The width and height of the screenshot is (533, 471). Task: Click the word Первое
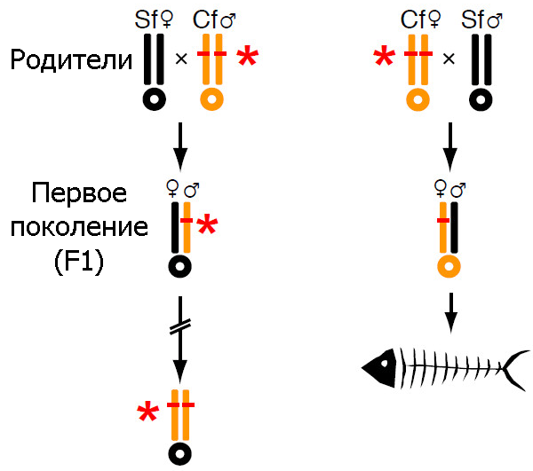[x=78, y=195]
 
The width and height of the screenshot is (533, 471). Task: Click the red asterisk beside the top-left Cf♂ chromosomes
[x=248, y=58]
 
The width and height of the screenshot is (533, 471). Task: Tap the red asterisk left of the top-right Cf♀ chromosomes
[x=385, y=58]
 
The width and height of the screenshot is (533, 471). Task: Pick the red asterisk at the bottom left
[x=148, y=412]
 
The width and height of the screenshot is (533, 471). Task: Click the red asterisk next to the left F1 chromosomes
[x=206, y=224]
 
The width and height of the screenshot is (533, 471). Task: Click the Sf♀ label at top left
[x=156, y=19]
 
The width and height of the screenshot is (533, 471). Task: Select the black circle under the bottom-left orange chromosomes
[x=180, y=453]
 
